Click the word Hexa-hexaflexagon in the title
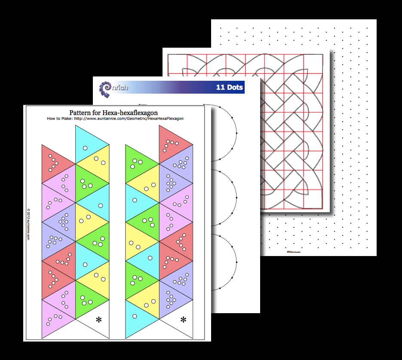pyautogui.click(x=132, y=113)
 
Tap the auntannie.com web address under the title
pyautogui.click(x=129, y=119)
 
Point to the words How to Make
pyautogui.click(x=59, y=119)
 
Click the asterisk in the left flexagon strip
pyautogui.click(x=99, y=320)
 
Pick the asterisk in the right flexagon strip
pyautogui.click(x=184, y=320)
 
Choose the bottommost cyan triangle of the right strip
pyautogui.click(x=136, y=318)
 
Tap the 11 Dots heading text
pyautogui.click(x=229, y=88)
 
